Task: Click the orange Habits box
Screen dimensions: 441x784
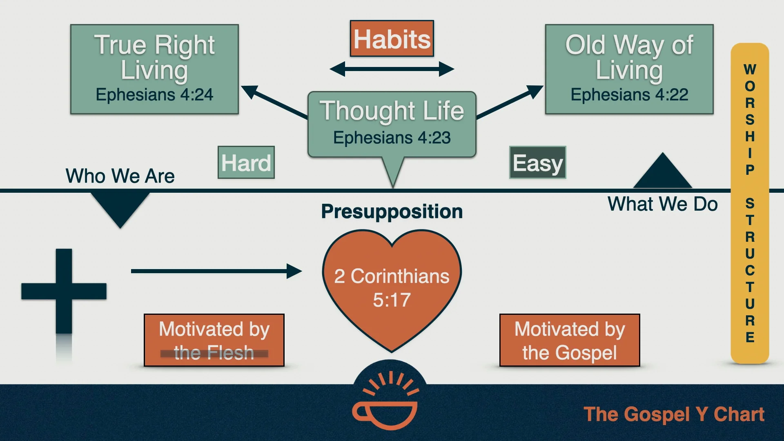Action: [392, 39]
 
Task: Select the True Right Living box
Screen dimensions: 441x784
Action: [154, 69]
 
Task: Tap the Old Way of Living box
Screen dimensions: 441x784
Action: [629, 69]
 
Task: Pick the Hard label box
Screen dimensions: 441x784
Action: [246, 163]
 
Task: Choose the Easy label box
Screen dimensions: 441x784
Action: [537, 163]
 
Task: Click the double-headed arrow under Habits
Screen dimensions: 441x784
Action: [392, 69]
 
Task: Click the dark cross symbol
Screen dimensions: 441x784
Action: [64, 291]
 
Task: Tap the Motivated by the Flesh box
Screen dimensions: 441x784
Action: [214, 340]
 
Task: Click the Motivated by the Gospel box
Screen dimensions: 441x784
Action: [570, 340]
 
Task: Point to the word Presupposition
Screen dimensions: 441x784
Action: [392, 212]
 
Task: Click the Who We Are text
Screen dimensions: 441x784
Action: [120, 176]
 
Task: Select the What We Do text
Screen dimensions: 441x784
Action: [662, 204]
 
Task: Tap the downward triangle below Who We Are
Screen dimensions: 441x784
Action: [120, 207]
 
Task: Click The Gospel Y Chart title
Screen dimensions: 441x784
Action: [674, 414]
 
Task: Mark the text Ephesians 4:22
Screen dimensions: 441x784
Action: [629, 95]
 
